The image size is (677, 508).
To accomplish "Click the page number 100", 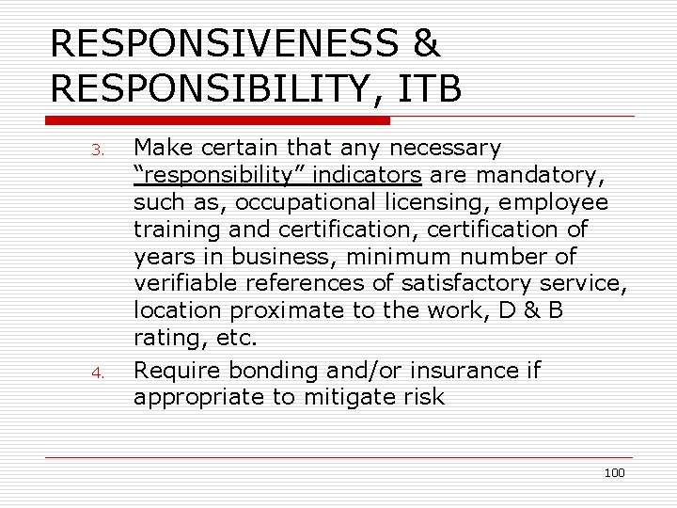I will [x=614, y=472].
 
